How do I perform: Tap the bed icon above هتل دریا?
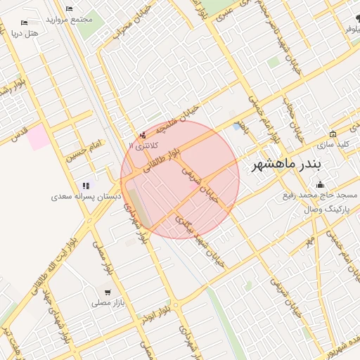tap(25, 22)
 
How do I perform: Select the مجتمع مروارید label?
tap(70, 18)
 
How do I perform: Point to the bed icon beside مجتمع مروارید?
tap(68, 8)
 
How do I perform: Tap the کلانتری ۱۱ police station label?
tap(143, 144)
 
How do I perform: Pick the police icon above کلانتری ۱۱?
tap(143, 134)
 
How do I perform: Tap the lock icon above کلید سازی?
tap(333, 134)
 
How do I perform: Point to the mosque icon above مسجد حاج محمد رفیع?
tap(321, 185)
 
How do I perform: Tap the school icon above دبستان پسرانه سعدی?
tap(86, 186)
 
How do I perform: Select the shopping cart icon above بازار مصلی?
tap(107, 292)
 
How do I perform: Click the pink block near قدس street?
tap(39, 137)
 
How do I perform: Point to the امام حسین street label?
tap(84, 150)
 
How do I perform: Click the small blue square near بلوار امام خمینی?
tap(236, 127)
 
